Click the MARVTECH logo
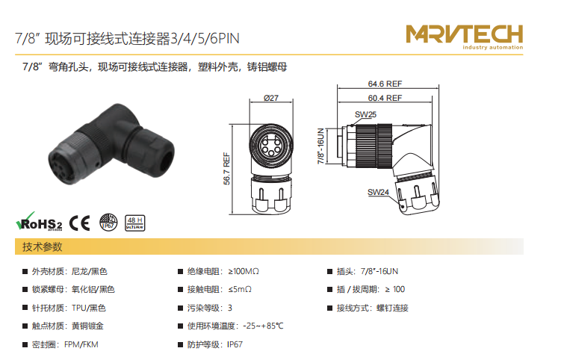465,37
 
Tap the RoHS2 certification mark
39,222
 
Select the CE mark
79,223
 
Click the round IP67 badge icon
108,222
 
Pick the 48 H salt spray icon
135,223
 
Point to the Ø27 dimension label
271,98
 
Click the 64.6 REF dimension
385,84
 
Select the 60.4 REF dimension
385,98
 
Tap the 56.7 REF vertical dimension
226,169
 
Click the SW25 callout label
365,114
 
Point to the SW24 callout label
378,192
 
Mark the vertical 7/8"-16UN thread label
320,146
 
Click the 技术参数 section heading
43,246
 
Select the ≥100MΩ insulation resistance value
244,271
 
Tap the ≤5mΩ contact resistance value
240,289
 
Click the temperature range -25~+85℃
263,326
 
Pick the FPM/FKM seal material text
81,344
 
